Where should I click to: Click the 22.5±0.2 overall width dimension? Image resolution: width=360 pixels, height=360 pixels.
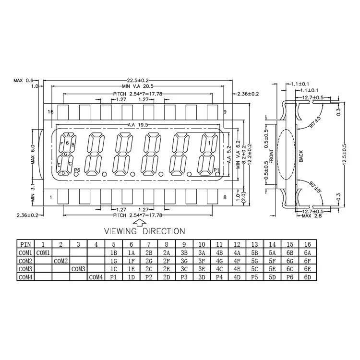pyautogui.click(x=138, y=80)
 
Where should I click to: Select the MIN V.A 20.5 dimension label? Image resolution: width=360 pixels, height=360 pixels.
pyautogui.click(x=138, y=86)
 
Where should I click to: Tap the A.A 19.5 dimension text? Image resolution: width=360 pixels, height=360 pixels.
pyautogui.click(x=138, y=125)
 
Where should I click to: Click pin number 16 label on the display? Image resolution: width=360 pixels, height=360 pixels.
pyautogui.click(x=50, y=112)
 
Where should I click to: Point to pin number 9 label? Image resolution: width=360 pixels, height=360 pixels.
pyautogui.click(x=225, y=112)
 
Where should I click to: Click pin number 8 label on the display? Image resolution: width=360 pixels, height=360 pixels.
pyautogui.click(x=225, y=197)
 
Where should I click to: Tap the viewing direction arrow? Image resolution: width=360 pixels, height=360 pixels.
pyautogui.click(x=140, y=222)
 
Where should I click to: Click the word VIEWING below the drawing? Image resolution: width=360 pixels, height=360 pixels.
pyautogui.click(x=120, y=231)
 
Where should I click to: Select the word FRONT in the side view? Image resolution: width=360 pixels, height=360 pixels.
pyautogui.click(x=272, y=156)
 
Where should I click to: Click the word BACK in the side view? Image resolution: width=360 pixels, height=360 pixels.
pyautogui.click(x=301, y=156)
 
